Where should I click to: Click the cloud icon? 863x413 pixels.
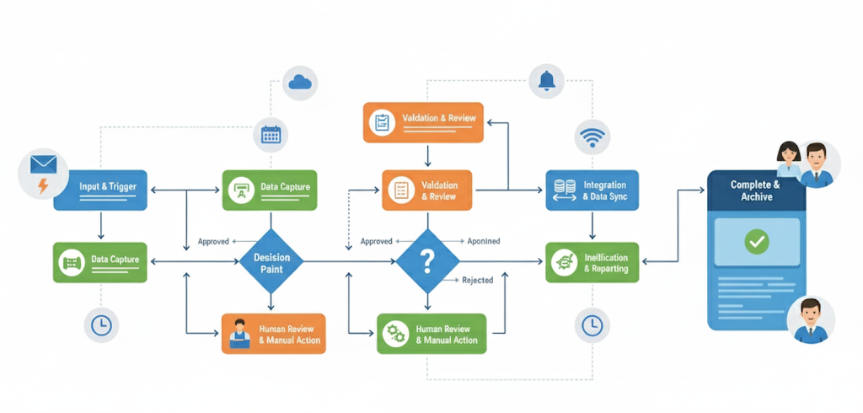[x=300, y=82]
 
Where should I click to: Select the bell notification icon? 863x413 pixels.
[x=547, y=80]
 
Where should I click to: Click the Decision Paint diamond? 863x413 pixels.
[x=271, y=263]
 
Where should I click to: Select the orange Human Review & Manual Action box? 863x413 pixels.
[x=273, y=334]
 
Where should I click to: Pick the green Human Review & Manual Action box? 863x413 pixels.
[x=431, y=334]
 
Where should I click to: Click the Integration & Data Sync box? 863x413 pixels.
[x=592, y=190]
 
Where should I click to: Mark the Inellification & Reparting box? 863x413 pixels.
[x=592, y=263]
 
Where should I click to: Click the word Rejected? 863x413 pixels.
[x=478, y=281]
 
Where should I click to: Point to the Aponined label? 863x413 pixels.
[x=483, y=241]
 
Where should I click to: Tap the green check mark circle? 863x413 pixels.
[x=757, y=242]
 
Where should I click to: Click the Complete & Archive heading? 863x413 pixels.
[x=755, y=190]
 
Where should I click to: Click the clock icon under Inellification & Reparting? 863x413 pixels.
[x=592, y=324]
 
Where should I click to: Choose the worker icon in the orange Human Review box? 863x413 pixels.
[x=239, y=333]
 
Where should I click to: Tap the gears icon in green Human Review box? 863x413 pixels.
[x=394, y=334]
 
